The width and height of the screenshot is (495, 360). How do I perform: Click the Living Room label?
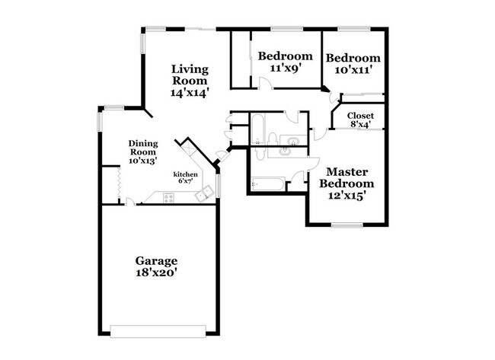tap(190, 73)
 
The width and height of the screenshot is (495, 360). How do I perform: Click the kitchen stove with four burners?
tap(168, 198)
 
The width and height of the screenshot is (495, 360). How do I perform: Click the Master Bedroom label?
tap(346, 178)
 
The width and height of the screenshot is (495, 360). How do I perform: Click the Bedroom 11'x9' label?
tap(285, 62)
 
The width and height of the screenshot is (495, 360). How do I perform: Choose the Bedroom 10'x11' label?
tap(353, 64)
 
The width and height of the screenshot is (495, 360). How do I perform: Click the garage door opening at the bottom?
tap(158, 330)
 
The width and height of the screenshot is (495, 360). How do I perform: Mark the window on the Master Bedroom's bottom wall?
tap(346, 225)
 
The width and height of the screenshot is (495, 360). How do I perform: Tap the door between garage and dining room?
tap(131, 202)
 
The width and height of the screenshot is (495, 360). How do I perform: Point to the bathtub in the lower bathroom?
tap(268, 183)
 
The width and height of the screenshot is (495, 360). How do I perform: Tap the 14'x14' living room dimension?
tap(190, 91)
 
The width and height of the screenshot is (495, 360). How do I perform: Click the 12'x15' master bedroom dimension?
tap(346, 195)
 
